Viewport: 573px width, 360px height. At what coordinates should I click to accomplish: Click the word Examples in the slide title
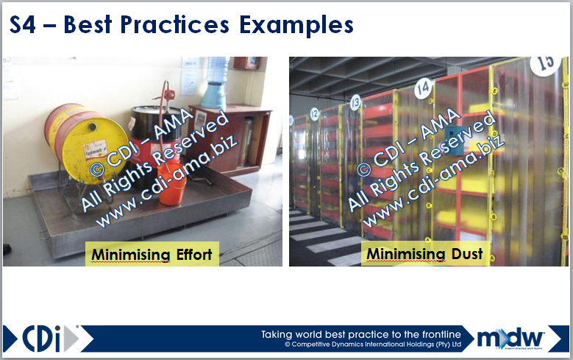pos(296,24)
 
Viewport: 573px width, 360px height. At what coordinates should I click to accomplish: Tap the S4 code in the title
pos(25,24)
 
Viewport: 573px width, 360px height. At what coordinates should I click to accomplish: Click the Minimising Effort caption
pos(151,255)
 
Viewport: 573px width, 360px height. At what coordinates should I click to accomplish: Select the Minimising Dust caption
pos(424,254)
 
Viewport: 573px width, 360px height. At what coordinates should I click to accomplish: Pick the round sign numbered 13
pos(355,102)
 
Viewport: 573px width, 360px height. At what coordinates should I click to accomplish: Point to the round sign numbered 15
pos(546,63)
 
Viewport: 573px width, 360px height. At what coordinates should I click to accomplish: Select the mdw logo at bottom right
pos(510,337)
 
